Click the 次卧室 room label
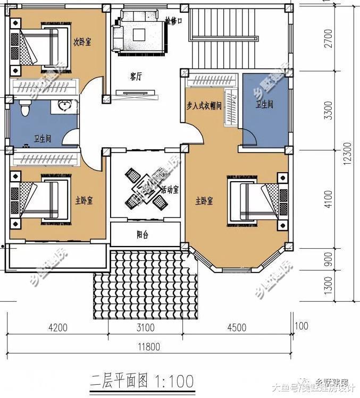coord(82,41)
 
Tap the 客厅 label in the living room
coord(136,77)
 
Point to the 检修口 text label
coord(173,22)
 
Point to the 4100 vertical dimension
coord(328,199)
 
